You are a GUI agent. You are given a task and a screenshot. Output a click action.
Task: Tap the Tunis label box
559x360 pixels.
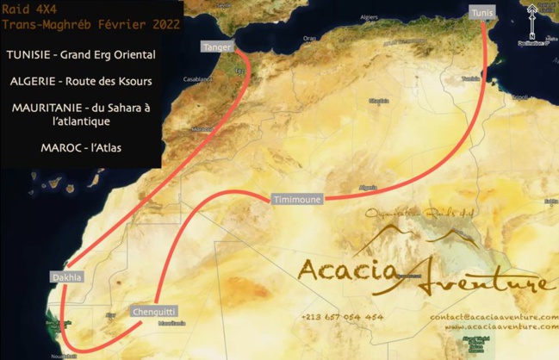[x=482, y=13]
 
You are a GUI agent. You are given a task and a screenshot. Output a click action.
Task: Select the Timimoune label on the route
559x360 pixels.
[x=296, y=199]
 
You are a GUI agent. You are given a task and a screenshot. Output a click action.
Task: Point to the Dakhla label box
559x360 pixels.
[x=66, y=277]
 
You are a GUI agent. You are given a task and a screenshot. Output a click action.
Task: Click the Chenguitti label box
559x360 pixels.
[x=155, y=312]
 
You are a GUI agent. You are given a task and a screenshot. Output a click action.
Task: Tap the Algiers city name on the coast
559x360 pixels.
[x=369, y=16]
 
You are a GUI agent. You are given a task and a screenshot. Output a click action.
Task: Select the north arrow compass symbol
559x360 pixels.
[x=531, y=18]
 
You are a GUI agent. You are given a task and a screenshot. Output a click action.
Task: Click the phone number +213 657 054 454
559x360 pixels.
[x=343, y=317]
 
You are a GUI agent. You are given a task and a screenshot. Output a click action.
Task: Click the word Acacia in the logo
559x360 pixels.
[x=349, y=269]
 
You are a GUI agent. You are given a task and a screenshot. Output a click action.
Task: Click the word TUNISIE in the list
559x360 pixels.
[x=33, y=55]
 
